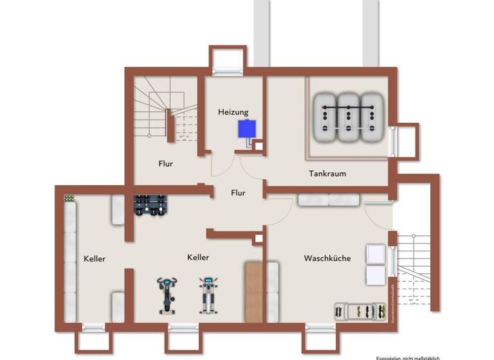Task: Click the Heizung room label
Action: [x=233, y=112]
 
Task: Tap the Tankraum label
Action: [x=327, y=174]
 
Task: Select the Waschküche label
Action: [x=327, y=258]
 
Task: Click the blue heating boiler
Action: [x=245, y=129]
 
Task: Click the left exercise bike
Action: [x=166, y=294]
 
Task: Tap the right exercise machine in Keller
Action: [x=206, y=294]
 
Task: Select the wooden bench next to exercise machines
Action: [x=254, y=291]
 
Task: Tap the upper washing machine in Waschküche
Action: [x=375, y=254]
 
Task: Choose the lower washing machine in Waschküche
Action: [x=375, y=275]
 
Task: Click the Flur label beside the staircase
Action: [x=166, y=163]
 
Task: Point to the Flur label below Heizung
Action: [x=238, y=192]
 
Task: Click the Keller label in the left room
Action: [x=95, y=258]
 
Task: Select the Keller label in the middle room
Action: [x=198, y=257]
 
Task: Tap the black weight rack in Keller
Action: [x=151, y=204]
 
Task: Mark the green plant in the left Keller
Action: [x=68, y=198]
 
